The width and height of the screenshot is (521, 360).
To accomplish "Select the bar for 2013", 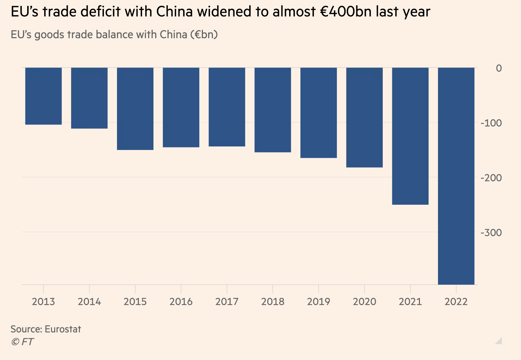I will (x=43, y=96).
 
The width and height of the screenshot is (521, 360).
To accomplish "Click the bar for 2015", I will (x=135, y=109).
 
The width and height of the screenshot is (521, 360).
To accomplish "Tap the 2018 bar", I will (x=273, y=110).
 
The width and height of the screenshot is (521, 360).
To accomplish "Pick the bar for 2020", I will (x=364, y=117).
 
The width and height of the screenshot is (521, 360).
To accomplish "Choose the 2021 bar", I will (x=410, y=136).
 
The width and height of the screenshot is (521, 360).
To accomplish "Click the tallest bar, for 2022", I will (x=456, y=176).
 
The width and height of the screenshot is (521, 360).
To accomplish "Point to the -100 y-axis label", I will (x=491, y=123).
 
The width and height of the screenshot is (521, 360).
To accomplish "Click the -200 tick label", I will (x=491, y=178).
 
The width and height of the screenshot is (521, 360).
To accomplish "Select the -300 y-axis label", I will (x=491, y=233).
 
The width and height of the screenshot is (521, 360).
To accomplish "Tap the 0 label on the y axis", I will (x=498, y=68).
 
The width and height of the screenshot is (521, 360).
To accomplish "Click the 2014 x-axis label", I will (x=89, y=302).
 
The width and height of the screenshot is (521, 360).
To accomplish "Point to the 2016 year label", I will (x=181, y=302).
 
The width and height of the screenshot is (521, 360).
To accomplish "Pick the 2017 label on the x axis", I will (x=227, y=302).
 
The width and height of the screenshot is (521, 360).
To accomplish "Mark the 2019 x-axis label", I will (x=318, y=302).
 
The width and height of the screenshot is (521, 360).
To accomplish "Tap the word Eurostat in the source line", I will (x=63, y=329).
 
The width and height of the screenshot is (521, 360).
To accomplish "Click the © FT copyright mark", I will (x=22, y=342).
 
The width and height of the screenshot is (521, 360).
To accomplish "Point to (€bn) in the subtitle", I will (x=204, y=35).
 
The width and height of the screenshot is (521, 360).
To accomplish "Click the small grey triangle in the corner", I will (x=499, y=341).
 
